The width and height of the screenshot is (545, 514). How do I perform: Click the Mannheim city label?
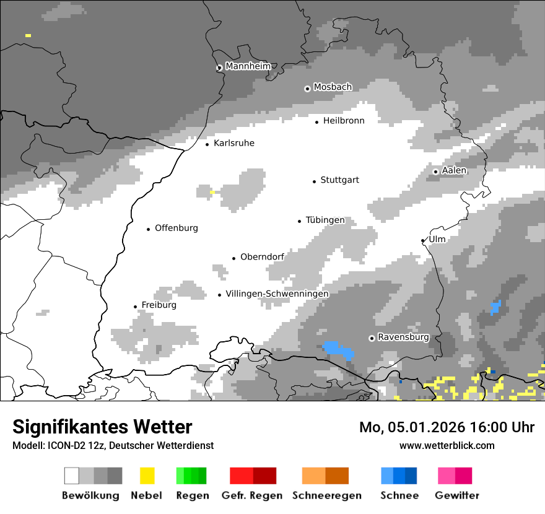tap(248, 66)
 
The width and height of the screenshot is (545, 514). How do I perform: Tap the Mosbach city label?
tap(333, 87)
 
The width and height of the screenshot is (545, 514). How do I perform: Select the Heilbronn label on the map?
tap(344, 121)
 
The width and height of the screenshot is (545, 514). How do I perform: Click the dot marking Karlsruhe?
tap(207, 144)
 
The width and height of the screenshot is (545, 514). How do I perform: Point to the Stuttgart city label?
tap(339, 180)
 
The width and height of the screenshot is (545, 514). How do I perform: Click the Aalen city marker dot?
tap(435, 172)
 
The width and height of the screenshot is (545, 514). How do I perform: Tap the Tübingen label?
tap(325, 220)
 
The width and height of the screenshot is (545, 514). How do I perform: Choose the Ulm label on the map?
tap(437, 239)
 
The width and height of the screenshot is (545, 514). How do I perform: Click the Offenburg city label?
tap(177, 228)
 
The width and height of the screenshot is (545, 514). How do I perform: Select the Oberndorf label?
tap(262, 257)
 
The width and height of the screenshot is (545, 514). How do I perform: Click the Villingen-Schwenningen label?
tap(277, 294)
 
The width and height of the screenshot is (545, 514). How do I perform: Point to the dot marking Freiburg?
tap(135, 307)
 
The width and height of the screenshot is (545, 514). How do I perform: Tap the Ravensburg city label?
tap(403, 338)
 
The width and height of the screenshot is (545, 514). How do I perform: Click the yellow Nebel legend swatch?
tap(147, 476)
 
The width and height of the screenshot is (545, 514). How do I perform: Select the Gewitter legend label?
tap(457, 495)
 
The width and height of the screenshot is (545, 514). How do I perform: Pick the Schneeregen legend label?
tap(326, 495)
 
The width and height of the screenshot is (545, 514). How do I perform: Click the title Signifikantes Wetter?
tap(102, 427)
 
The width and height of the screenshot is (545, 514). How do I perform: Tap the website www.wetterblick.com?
tap(447, 445)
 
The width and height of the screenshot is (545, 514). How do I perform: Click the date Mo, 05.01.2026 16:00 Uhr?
tap(447, 427)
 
